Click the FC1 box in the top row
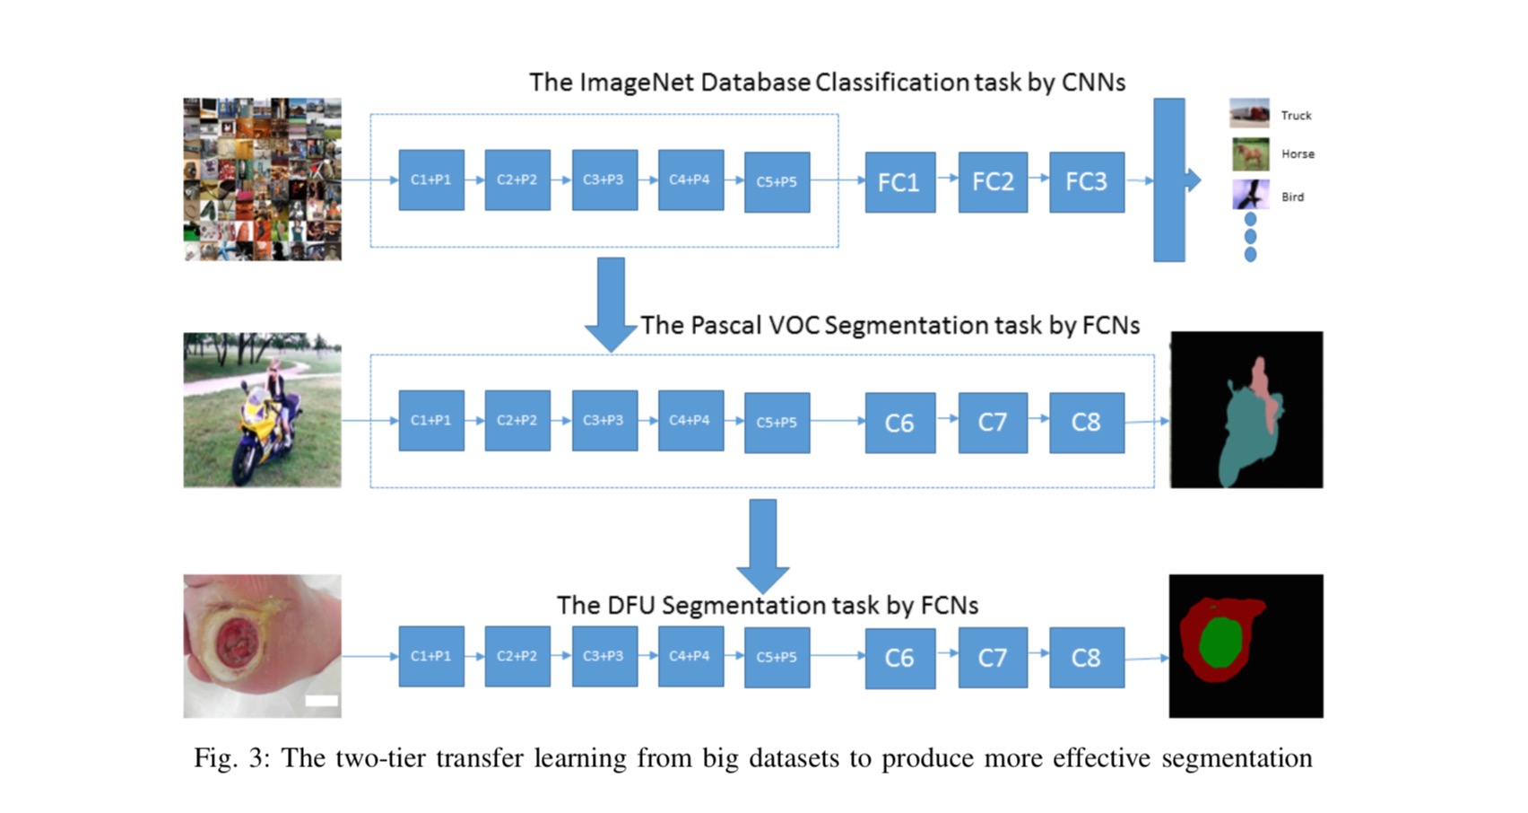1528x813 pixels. click(x=899, y=182)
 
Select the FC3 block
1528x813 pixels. click(x=1087, y=182)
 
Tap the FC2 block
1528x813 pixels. click(x=993, y=182)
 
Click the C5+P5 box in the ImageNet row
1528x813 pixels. click(x=777, y=182)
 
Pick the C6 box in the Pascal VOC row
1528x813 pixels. click(x=899, y=423)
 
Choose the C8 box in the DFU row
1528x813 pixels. click(x=1087, y=658)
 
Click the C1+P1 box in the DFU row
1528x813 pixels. click(x=431, y=656)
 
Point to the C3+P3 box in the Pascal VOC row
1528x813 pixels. click(x=604, y=421)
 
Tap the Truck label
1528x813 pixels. click(x=1296, y=116)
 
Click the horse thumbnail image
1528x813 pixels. click(x=1250, y=154)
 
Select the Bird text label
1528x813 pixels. click(x=1293, y=197)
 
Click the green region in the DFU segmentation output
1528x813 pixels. click(x=1220, y=642)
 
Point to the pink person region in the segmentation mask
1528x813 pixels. click(x=1264, y=392)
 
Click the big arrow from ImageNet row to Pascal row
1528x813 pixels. click(x=611, y=304)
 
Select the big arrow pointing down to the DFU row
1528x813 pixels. click(x=762, y=546)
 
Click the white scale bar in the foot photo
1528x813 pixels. click(x=321, y=700)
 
